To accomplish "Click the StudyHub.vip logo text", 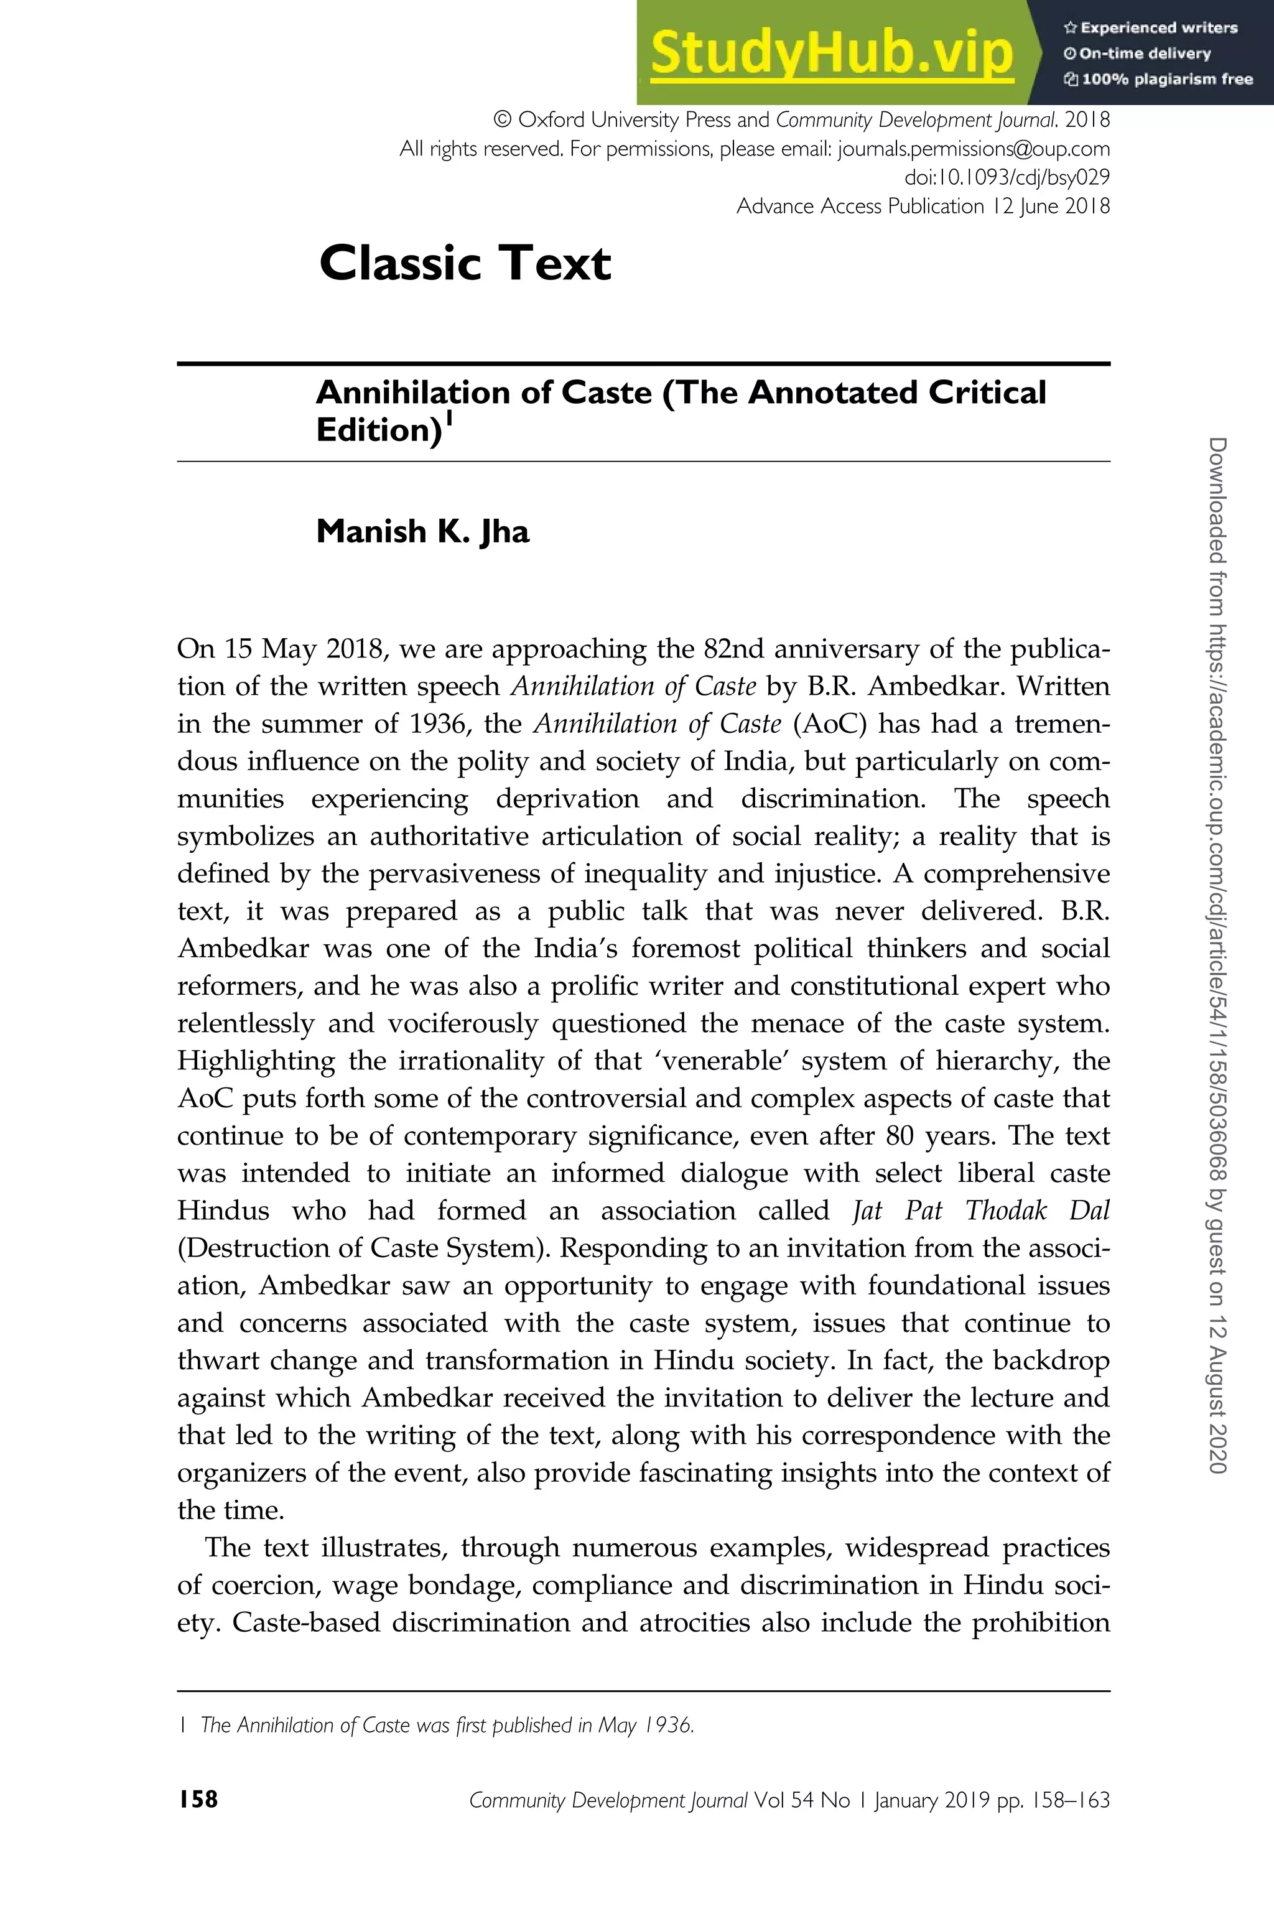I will (831, 53).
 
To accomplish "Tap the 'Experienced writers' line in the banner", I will (1150, 27).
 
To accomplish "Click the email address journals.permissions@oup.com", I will (974, 149).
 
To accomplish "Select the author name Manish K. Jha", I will (422, 531).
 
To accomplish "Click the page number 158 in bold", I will (198, 1800).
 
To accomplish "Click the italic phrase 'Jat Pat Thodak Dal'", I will (980, 1211).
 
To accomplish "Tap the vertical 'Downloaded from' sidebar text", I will (1217, 955).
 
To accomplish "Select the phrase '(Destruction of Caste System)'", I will (361, 1248).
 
